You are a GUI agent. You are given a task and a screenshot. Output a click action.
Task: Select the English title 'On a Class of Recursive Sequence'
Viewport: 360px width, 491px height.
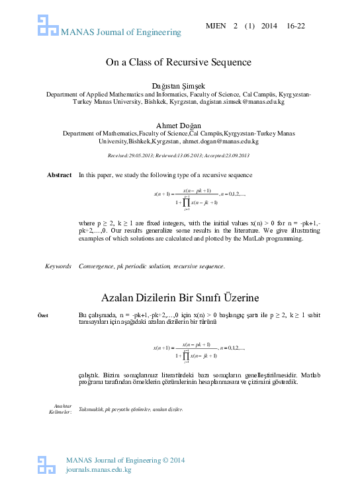tap(179, 63)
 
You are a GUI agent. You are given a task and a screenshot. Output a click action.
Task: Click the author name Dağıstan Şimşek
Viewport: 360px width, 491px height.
tap(179, 86)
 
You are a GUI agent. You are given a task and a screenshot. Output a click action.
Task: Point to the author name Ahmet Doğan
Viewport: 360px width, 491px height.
tap(179, 126)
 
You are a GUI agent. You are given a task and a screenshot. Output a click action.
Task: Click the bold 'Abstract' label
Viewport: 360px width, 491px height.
tap(59, 174)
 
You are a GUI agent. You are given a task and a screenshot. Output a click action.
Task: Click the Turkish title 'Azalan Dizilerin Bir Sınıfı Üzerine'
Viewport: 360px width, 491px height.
tap(179, 297)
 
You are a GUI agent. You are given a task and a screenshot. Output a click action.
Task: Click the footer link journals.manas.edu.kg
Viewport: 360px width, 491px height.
tap(99, 470)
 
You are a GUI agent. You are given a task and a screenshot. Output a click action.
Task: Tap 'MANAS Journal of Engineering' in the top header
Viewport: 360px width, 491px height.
tap(120, 32)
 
